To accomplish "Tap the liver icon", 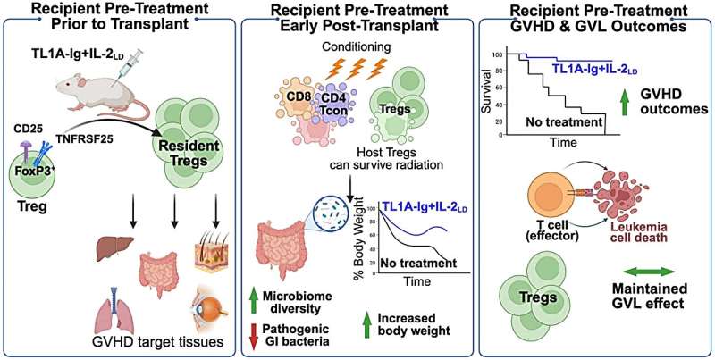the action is pos(115,247).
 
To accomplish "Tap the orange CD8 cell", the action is pos(297,98).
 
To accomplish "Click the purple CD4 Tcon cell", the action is pos(337,104).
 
